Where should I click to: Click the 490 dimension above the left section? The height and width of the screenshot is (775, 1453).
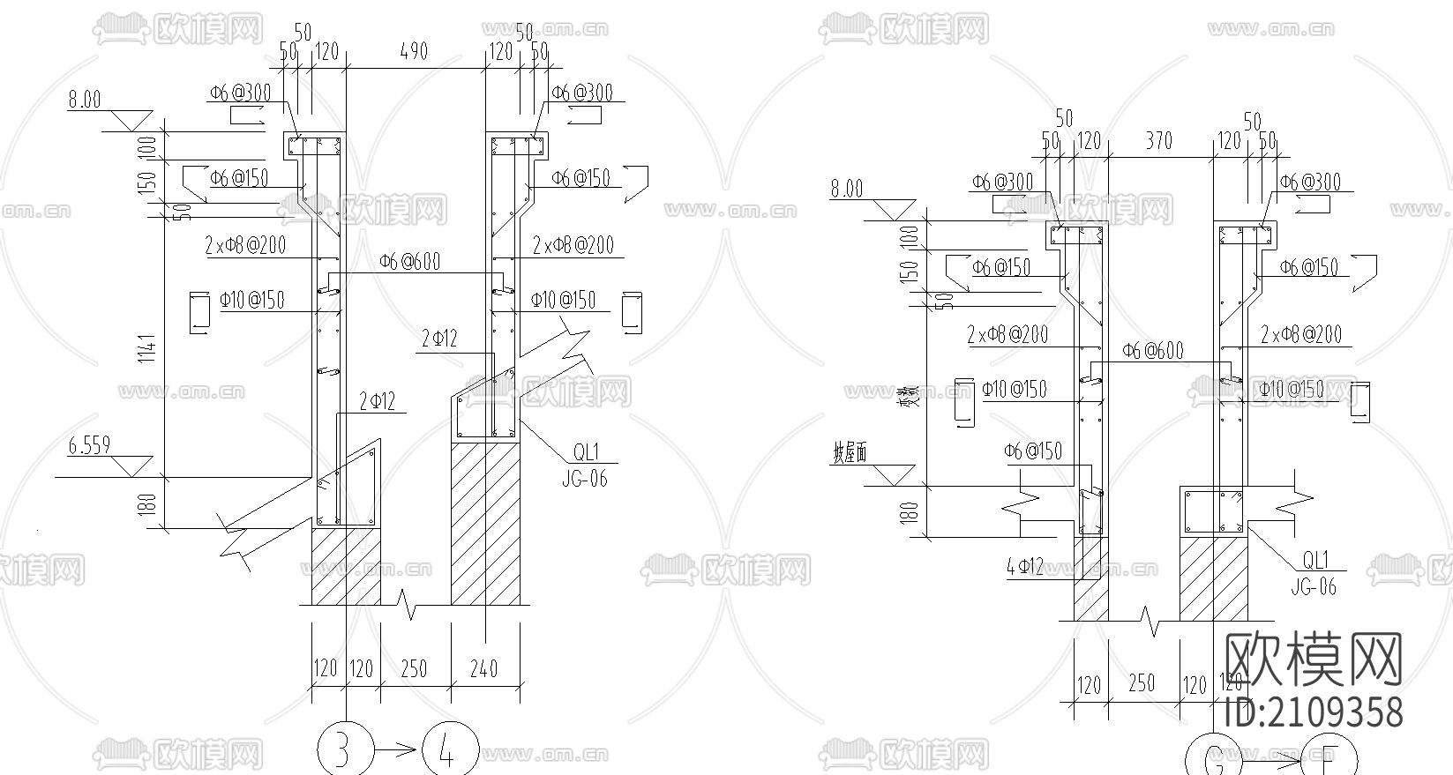(x=414, y=51)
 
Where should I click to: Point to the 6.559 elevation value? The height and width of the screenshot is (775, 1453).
(x=90, y=445)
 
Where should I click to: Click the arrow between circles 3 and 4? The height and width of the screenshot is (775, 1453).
(x=397, y=751)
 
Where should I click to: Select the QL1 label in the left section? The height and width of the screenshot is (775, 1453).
(x=586, y=452)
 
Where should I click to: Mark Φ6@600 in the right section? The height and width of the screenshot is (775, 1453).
(x=1153, y=350)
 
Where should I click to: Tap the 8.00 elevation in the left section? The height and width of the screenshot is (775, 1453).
(x=85, y=100)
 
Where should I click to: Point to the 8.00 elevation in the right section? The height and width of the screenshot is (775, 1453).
(x=846, y=188)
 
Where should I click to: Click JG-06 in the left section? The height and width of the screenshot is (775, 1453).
(x=584, y=479)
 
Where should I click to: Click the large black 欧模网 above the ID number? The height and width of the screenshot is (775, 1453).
(x=1314, y=659)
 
